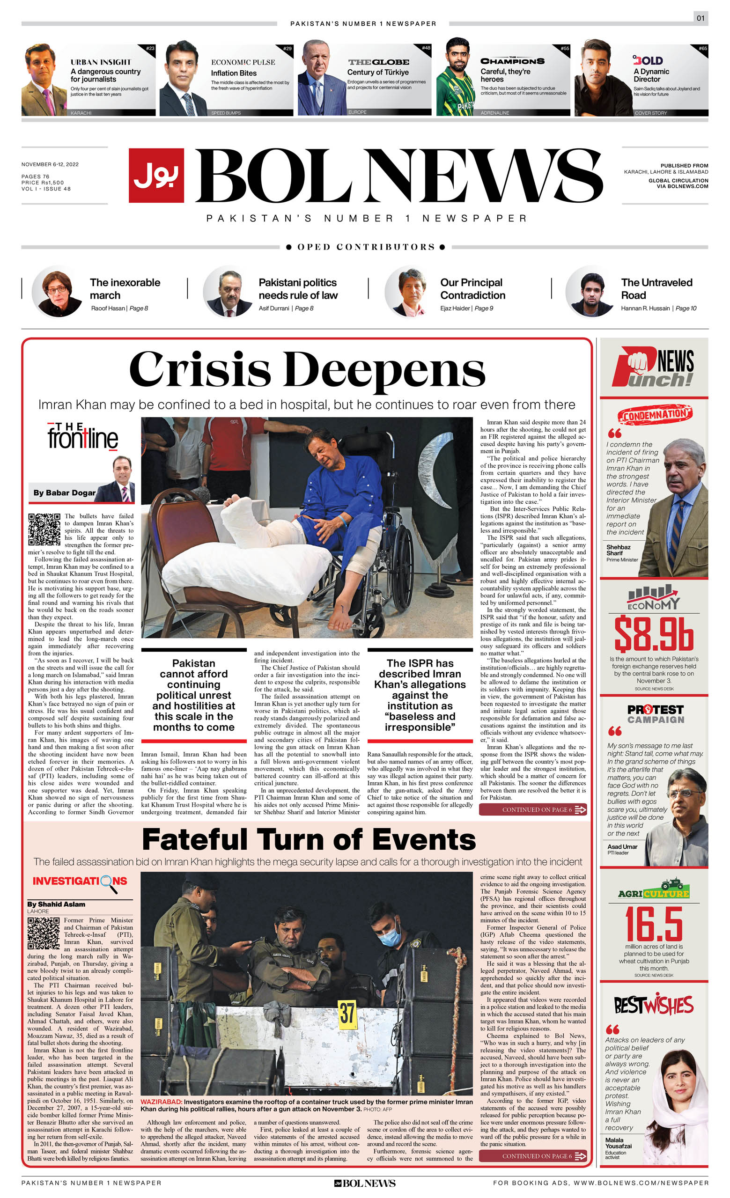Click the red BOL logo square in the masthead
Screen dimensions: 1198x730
pos(156,175)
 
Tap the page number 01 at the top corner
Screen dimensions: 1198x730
pos(701,18)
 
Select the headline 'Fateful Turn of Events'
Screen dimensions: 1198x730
pos(308,840)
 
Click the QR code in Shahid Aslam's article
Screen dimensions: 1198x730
pos(44,933)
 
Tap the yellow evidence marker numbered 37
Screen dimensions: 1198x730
pos(347,1014)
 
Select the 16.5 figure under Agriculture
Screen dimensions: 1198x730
pos(653,923)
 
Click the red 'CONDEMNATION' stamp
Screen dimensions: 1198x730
pos(655,415)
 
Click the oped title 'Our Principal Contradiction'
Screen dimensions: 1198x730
pos(472,289)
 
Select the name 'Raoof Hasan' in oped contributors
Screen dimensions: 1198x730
pos(108,308)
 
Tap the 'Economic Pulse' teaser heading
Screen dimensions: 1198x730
pos(243,62)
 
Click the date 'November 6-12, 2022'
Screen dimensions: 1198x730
pos(50,164)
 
